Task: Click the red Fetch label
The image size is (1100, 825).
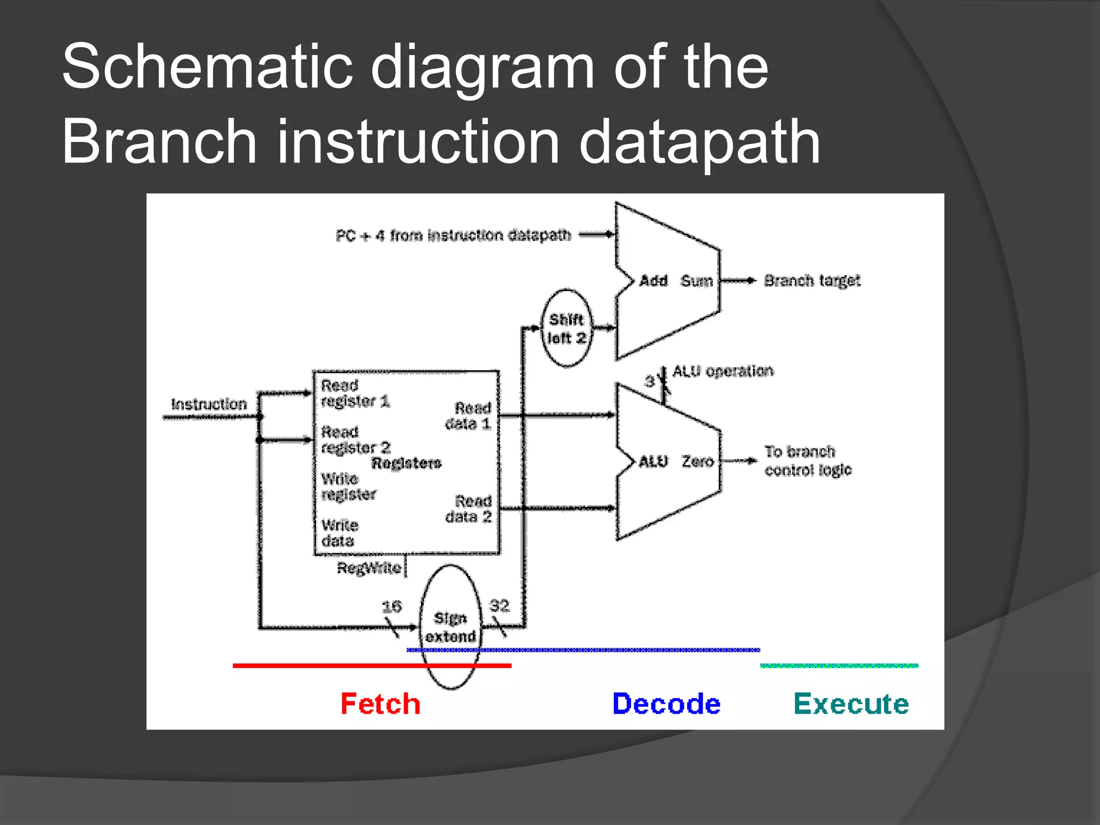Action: (x=380, y=704)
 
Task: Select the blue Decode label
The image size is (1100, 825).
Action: (x=666, y=704)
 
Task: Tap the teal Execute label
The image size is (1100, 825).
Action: (x=851, y=704)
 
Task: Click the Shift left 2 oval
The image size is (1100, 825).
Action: (x=566, y=328)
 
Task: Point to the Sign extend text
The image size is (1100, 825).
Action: (x=451, y=627)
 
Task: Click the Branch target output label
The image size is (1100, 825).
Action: (x=812, y=280)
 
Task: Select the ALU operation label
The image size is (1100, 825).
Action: (x=723, y=371)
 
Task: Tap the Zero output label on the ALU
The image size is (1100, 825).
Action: (x=697, y=461)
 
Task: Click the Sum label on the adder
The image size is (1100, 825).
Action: (x=696, y=280)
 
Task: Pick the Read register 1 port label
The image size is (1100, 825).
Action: (x=355, y=393)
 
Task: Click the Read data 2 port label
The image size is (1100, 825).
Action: (x=468, y=509)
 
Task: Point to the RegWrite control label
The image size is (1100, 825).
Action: (x=369, y=568)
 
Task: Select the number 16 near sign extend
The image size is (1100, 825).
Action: (x=392, y=606)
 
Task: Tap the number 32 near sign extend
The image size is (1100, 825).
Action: (x=499, y=605)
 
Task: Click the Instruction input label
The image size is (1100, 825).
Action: (x=209, y=404)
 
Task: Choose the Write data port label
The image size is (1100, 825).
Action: (x=339, y=533)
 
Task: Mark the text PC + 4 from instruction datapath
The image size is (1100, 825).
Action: (x=453, y=235)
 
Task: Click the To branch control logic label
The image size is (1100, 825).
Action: (x=807, y=460)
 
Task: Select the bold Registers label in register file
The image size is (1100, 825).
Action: (x=406, y=463)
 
